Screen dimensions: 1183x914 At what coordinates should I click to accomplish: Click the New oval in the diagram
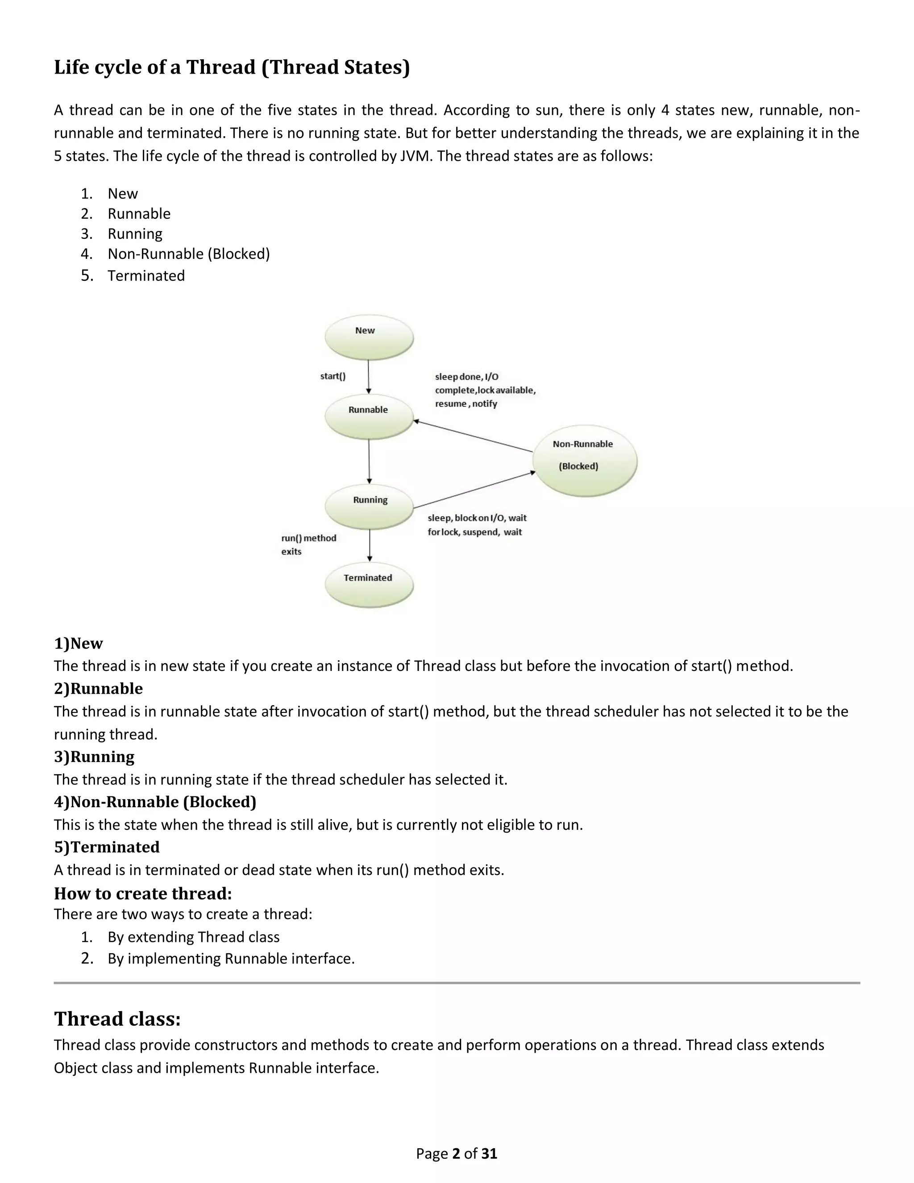(369, 337)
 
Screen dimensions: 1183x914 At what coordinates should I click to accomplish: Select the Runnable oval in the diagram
(369, 416)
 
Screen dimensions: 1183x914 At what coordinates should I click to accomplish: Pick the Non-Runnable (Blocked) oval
(584, 460)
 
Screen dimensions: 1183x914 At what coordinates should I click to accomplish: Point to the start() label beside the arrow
(332, 376)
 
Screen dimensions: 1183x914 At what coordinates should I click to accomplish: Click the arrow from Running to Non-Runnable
(474, 490)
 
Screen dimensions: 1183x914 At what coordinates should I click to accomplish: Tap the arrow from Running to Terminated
(370, 545)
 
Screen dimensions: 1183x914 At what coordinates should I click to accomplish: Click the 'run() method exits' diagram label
(308, 544)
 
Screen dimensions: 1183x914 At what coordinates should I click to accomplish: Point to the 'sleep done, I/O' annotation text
(466, 376)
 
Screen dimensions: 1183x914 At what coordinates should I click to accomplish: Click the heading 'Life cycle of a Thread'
(232, 67)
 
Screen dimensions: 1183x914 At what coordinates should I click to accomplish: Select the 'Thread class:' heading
(117, 1018)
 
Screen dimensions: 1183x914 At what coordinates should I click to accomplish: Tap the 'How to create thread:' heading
(143, 893)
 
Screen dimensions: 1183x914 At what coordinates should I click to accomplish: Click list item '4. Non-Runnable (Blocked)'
(188, 254)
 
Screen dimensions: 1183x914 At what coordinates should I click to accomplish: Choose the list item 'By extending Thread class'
(193, 937)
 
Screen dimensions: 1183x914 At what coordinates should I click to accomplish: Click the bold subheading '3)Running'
(94, 756)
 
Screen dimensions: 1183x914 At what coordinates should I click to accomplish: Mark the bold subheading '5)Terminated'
(107, 846)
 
